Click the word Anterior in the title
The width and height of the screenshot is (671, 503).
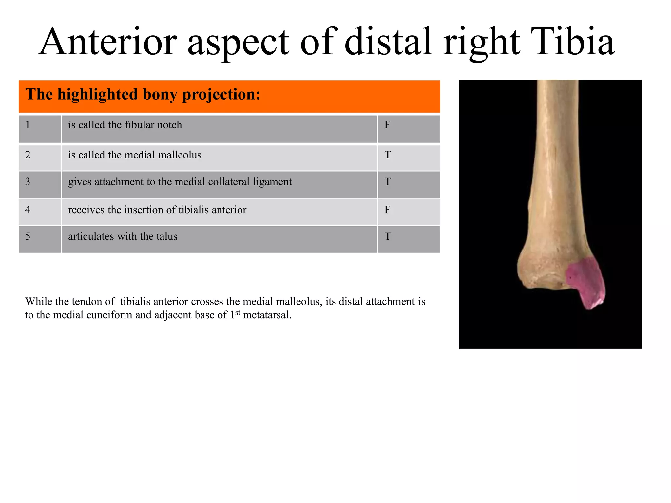click(x=108, y=42)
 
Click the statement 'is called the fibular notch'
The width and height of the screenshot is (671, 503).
click(x=125, y=125)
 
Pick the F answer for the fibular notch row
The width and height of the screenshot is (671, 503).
click(x=387, y=125)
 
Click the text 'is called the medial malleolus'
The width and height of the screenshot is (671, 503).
click(x=135, y=155)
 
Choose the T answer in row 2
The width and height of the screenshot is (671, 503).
click(x=388, y=155)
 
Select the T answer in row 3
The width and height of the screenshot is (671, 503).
click(x=388, y=182)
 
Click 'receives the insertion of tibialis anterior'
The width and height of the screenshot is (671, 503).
click(x=157, y=210)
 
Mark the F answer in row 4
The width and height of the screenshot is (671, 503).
click(x=387, y=210)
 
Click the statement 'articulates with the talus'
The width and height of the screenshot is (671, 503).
click(x=123, y=236)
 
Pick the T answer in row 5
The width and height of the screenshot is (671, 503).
click(x=388, y=236)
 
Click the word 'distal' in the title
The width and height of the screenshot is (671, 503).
click(x=388, y=42)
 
